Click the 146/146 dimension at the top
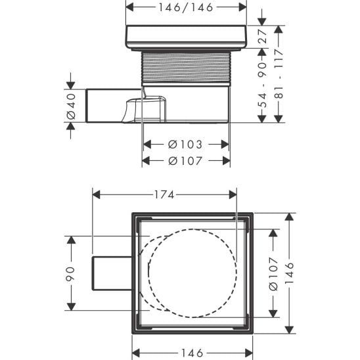[x=186, y=9]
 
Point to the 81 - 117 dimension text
[x=281, y=74]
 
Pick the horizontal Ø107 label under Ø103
[x=186, y=161]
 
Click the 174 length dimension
[x=164, y=195]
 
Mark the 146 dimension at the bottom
[x=192, y=353]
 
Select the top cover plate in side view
[x=186, y=37]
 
